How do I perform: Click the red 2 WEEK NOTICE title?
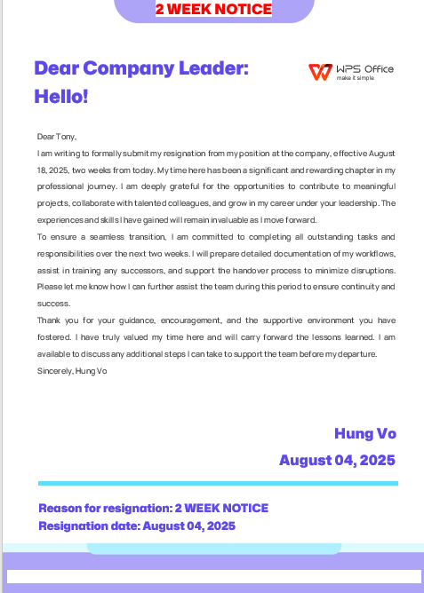(x=213, y=10)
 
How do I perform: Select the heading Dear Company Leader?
(x=140, y=67)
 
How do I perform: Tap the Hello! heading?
(x=60, y=95)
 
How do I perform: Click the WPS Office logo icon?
(x=318, y=72)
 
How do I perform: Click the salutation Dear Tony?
(x=57, y=137)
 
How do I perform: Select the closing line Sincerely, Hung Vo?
(x=71, y=370)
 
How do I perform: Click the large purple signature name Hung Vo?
(x=364, y=433)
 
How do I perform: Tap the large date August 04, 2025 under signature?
(x=337, y=460)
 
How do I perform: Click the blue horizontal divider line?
(x=218, y=484)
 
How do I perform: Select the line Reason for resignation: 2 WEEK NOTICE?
(x=153, y=509)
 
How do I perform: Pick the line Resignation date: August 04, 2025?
(x=136, y=526)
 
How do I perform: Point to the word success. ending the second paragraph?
(x=52, y=304)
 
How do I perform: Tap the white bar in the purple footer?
(x=213, y=576)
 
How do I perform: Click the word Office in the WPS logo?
(x=377, y=69)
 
